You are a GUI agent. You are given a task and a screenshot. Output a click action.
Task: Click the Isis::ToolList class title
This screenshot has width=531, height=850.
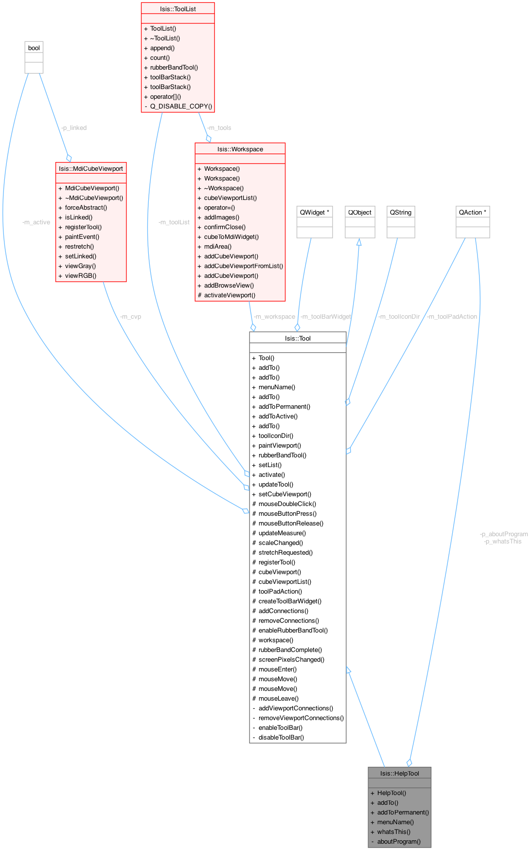[x=177, y=9]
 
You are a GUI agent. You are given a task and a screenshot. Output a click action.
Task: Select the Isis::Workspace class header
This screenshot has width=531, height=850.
[x=240, y=149]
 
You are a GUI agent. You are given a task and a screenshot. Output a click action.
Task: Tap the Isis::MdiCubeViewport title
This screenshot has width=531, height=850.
[x=91, y=168]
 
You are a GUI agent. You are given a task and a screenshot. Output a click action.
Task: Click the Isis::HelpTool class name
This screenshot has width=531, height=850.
[x=400, y=773]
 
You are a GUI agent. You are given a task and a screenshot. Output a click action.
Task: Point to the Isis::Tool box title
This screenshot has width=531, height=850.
[x=298, y=338]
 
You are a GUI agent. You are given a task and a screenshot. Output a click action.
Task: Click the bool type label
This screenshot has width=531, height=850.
[x=34, y=48]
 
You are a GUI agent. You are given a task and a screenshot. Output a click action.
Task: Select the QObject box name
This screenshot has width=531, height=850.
[x=360, y=212]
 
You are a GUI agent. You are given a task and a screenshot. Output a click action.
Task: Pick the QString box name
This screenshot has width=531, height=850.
[x=401, y=212]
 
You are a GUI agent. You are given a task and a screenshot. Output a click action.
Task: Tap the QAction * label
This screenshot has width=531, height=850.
[x=473, y=212]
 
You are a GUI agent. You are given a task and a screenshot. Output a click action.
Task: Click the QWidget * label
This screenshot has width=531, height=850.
[x=315, y=212]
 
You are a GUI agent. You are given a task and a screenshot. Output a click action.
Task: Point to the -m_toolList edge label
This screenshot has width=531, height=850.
[x=174, y=222]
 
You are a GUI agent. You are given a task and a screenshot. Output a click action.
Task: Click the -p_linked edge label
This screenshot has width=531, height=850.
[x=74, y=127]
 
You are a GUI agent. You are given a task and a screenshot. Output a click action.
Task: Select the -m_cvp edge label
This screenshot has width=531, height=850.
[x=130, y=317]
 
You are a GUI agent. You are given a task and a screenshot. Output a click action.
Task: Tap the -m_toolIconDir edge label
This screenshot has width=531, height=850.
[x=399, y=317]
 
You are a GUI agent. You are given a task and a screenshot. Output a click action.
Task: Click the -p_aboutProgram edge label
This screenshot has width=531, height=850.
[x=504, y=534]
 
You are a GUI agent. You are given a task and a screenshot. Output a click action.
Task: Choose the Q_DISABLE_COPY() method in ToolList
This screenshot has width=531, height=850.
[x=181, y=106]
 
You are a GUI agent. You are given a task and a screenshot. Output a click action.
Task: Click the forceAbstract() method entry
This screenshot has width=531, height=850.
[x=86, y=207]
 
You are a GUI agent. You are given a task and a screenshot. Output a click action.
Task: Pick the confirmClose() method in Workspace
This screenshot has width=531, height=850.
[x=225, y=227]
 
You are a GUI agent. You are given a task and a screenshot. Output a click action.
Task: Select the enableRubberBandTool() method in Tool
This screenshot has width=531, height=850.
[x=293, y=630]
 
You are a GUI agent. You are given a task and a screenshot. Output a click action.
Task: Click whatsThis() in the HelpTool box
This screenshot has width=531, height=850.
[x=394, y=832]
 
